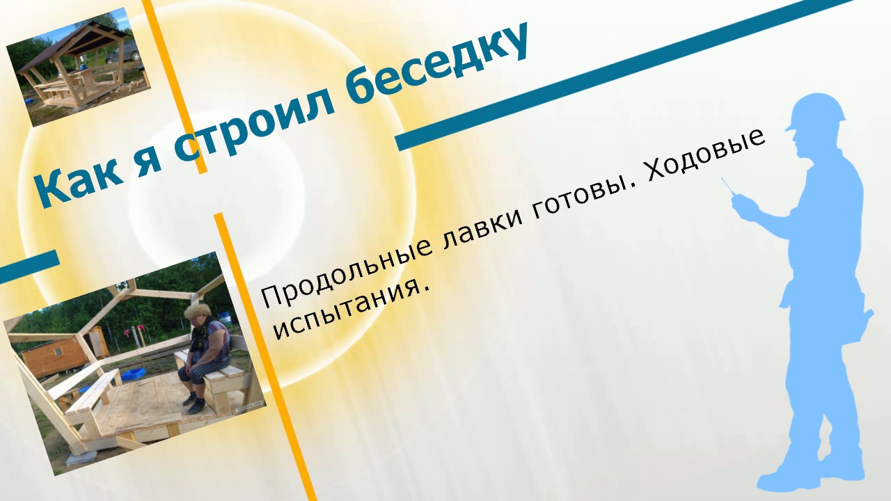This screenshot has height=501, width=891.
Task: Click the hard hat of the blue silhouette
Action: point(815,111)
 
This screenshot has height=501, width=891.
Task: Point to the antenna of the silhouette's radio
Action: point(728,186)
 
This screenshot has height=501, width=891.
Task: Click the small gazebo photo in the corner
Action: point(78,67)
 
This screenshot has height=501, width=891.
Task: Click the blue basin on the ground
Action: point(133,374)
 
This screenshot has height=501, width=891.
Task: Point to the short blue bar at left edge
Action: point(29,267)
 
